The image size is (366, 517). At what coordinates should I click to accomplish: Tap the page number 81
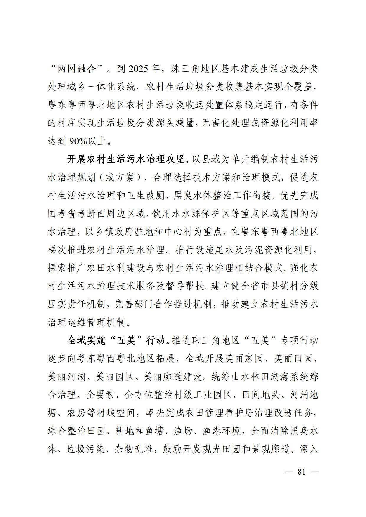point(301,472)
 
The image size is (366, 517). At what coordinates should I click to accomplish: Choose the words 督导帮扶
point(185,286)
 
